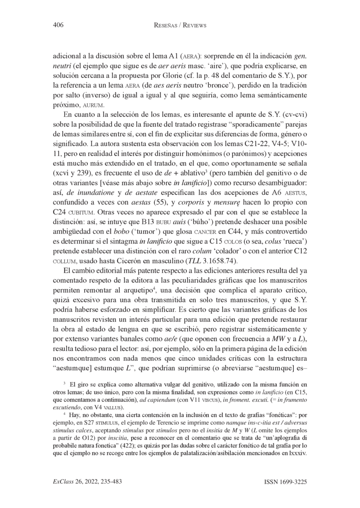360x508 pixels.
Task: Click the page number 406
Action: point(58,26)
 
